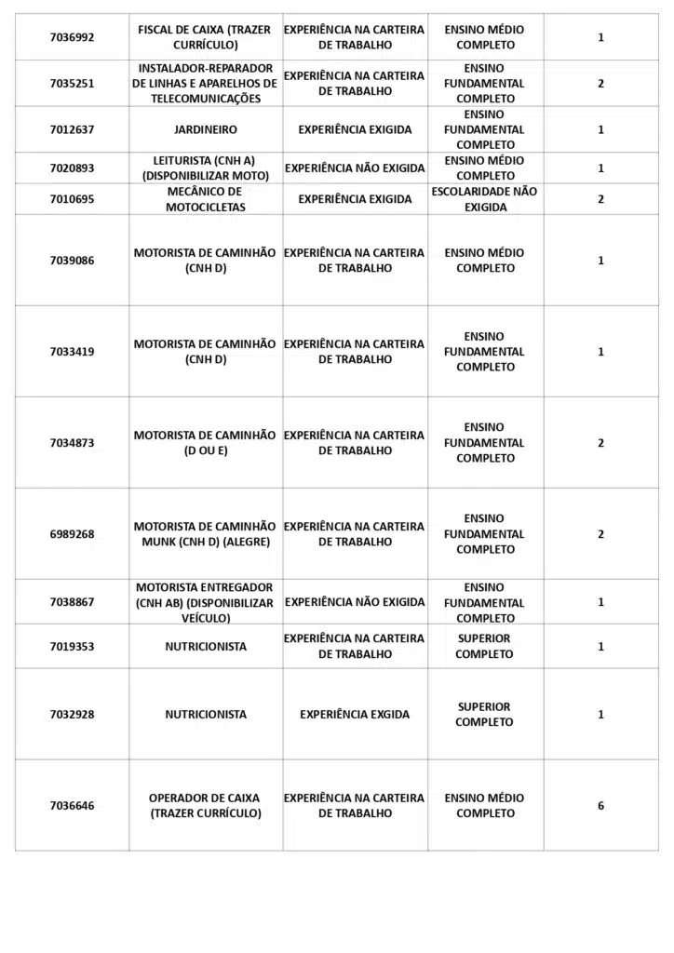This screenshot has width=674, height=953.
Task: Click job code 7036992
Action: tap(72, 37)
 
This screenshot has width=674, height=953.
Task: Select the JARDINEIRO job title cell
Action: tap(205, 130)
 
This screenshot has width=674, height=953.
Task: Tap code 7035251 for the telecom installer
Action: tap(72, 84)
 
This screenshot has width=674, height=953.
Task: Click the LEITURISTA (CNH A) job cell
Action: tap(205, 168)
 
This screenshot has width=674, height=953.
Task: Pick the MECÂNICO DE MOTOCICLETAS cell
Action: tap(205, 199)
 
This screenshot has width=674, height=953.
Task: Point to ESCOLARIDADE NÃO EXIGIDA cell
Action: tap(485, 199)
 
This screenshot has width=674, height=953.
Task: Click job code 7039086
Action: tap(72, 261)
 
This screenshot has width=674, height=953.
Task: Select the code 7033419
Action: tap(72, 352)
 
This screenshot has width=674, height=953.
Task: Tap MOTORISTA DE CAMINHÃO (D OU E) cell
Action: tap(205, 443)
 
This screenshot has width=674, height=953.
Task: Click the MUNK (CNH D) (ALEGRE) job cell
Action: tap(205, 534)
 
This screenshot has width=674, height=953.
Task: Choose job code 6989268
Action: tap(72, 534)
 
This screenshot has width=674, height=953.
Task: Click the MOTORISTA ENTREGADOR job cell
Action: tap(205, 602)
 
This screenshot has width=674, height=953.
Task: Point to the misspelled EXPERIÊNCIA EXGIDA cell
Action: tap(355, 715)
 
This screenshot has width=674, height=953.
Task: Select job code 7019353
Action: tap(72, 647)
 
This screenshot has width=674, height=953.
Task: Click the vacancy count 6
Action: tap(600, 806)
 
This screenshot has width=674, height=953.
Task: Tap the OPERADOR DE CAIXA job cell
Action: tap(205, 806)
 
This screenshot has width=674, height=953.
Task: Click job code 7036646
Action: tap(72, 806)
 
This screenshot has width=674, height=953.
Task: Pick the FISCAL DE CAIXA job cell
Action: tap(205, 37)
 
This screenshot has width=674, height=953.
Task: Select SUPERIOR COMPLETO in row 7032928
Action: tap(484, 715)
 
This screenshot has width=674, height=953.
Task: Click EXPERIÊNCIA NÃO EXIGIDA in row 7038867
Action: tap(355, 602)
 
